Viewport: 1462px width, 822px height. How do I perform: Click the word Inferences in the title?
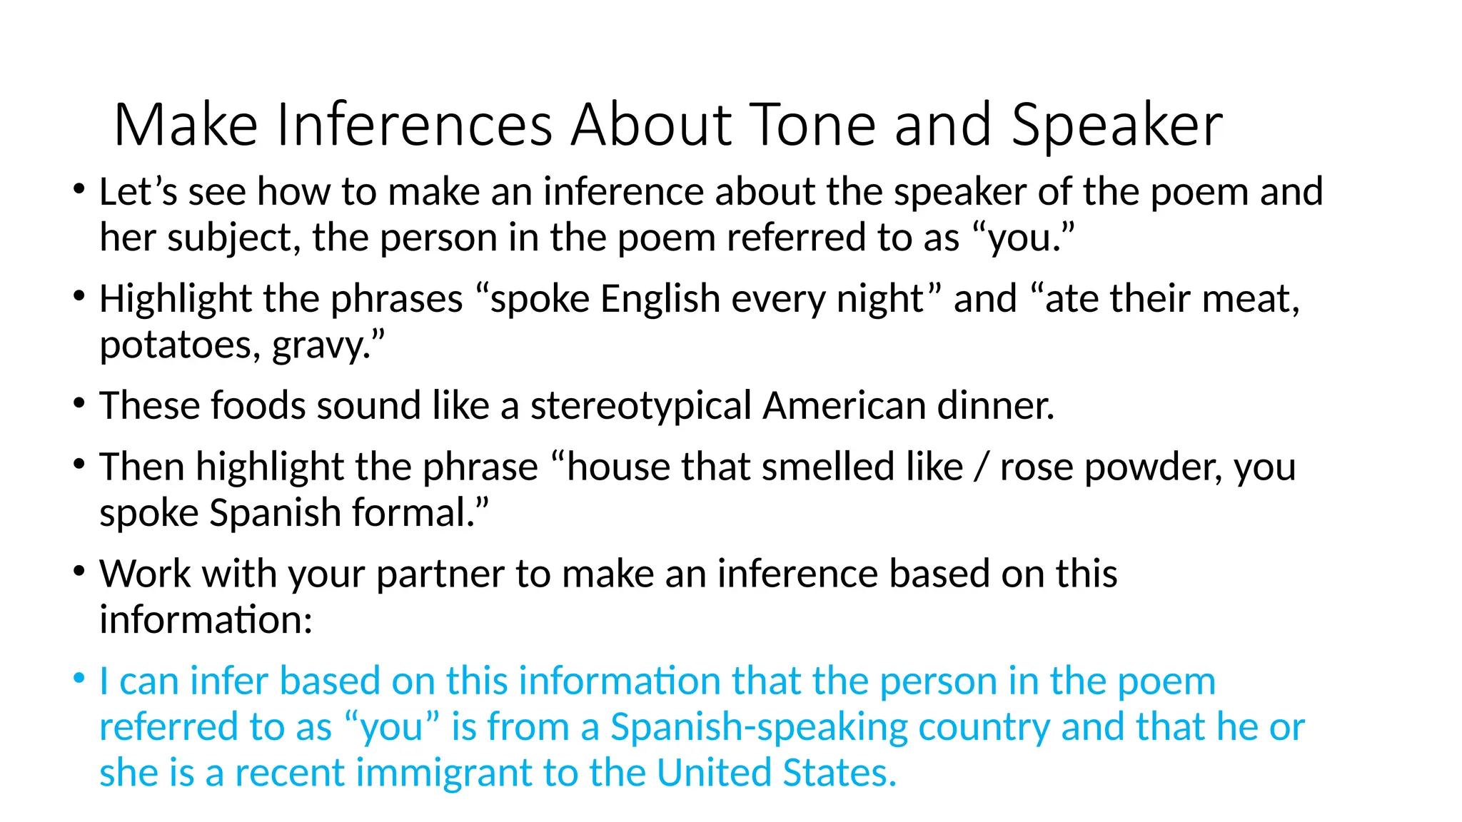[x=414, y=125]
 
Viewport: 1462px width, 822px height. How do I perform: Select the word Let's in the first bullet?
[x=138, y=192]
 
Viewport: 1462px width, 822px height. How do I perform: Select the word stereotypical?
[x=640, y=406]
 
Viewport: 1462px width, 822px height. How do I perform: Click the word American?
[x=844, y=406]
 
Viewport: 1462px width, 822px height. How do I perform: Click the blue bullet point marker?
[x=79, y=678]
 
